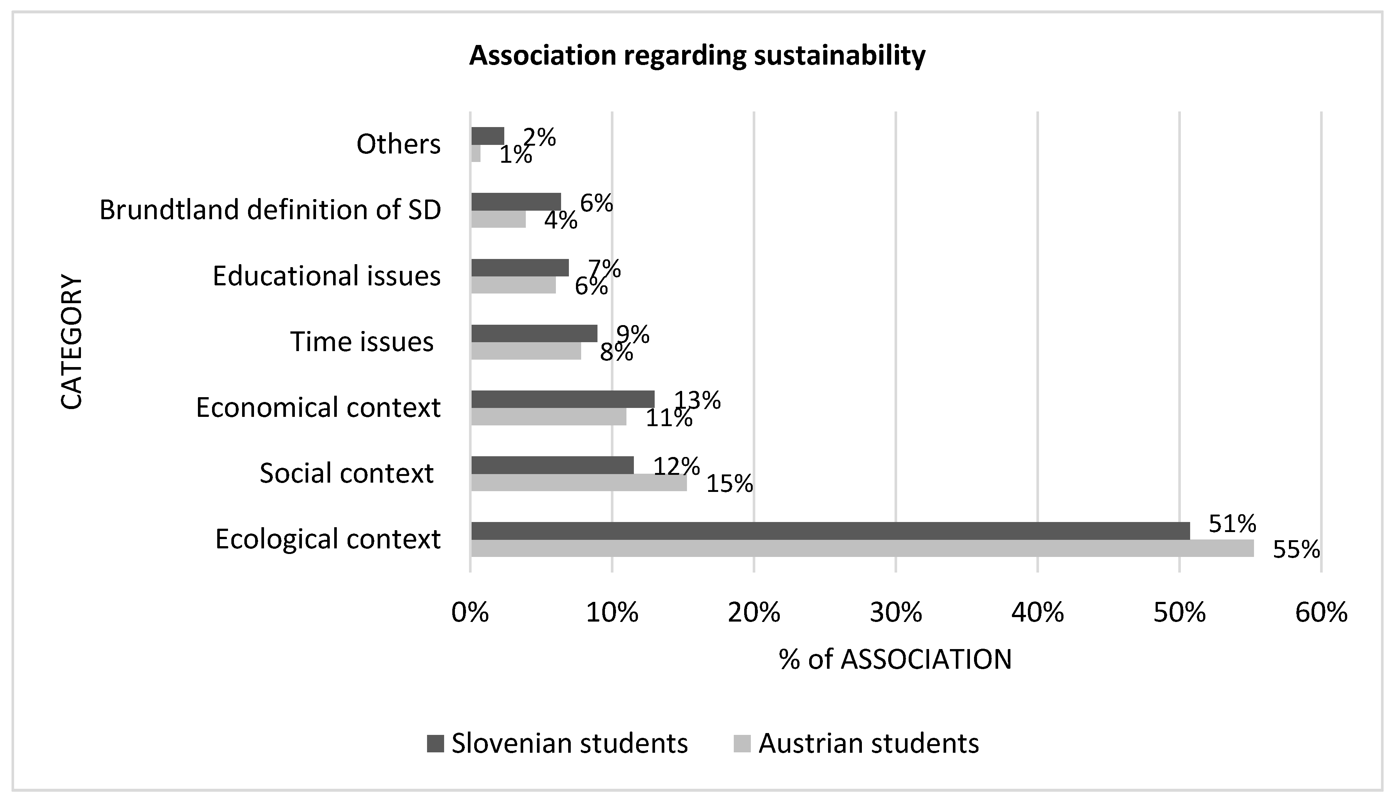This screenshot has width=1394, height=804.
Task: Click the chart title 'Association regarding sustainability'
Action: pyautogui.click(x=697, y=55)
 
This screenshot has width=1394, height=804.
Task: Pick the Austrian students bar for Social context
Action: pyautogui.click(x=579, y=483)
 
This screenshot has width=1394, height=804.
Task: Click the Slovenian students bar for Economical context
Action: pyautogui.click(x=563, y=399)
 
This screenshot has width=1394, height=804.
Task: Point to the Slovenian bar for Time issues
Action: pyautogui.click(x=534, y=334)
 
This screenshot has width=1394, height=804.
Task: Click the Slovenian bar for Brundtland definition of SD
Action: pyautogui.click(x=516, y=201)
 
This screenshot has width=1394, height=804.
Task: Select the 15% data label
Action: pyautogui.click(x=730, y=484)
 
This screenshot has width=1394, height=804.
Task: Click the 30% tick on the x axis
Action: pyautogui.click(x=896, y=613)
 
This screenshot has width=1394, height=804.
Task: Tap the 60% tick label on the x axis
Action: pyautogui.click(x=1321, y=613)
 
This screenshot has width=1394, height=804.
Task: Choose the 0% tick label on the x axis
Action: pyautogui.click(x=470, y=613)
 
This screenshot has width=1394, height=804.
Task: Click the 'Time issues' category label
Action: pyautogui.click(x=362, y=342)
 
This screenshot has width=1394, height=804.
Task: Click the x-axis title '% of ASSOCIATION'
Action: pyautogui.click(x=896, y=659)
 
